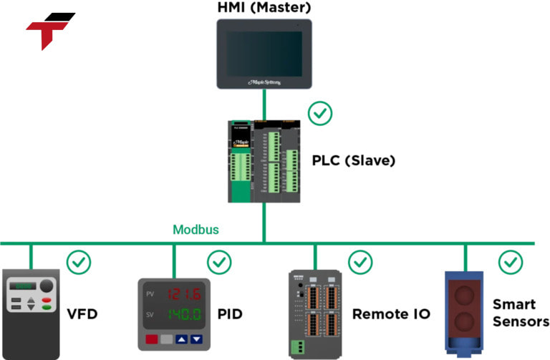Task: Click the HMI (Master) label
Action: tap(264, 9)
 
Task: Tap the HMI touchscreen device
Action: tap(264, 53)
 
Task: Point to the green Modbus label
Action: tap(196, 230)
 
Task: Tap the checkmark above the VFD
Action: tap(79, 263)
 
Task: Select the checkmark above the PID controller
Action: tap(219, 263)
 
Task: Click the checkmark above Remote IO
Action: tap(360, 263)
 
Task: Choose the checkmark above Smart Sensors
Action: tap(511, 263)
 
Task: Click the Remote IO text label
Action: tap(391, 314)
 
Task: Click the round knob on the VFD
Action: tap(47, 286)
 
